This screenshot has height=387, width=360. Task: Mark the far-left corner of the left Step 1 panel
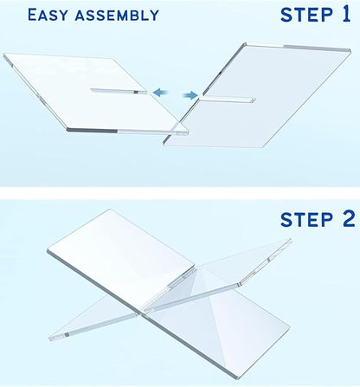point(5,58)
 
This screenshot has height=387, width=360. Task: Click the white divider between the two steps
point(180,192)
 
